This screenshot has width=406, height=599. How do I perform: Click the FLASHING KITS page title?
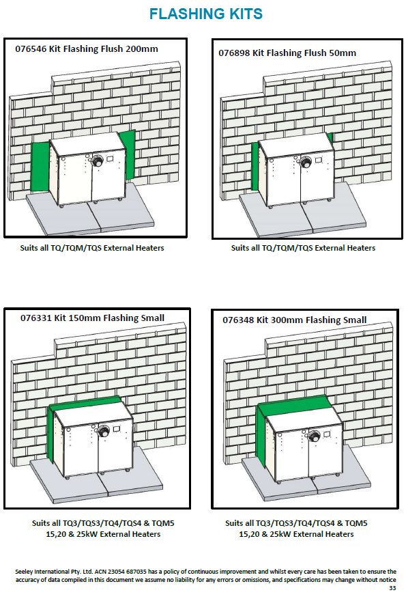[205, 14]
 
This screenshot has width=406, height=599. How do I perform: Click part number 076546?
[31, 49]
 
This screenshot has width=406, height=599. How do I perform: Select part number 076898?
[234, 53]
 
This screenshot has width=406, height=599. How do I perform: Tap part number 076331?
[36, 318]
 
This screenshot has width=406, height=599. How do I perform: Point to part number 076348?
[238, 320]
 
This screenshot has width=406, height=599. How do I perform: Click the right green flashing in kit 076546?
[128, 154]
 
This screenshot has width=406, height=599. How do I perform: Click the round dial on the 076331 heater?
[103, 431]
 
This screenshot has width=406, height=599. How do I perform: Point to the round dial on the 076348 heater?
[315, 435]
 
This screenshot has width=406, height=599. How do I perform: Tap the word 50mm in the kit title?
[343, 53]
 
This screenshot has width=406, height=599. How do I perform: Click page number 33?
[392, 588]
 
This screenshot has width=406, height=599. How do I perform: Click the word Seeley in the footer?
[24, 572]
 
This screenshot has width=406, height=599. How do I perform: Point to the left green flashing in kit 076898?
[255, 167]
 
